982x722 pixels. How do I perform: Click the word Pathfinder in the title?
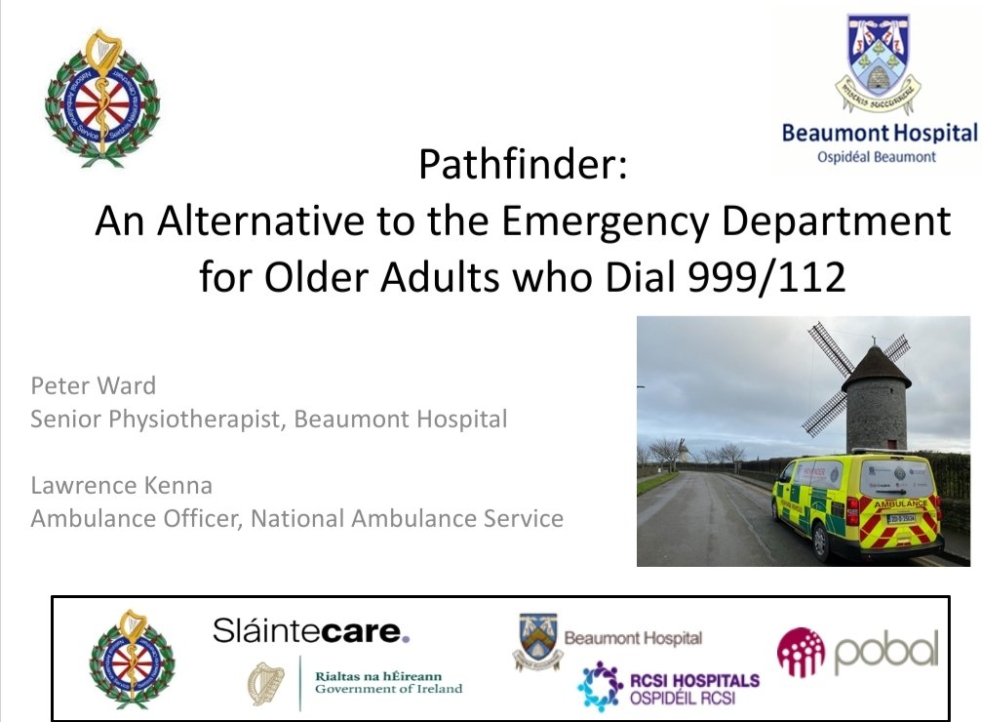[x=517, y=167]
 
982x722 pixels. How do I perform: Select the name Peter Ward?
[x=93, y=385]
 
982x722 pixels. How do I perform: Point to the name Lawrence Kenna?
[x=121, y=485]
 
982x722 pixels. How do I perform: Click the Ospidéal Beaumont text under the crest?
[x=876, y=156]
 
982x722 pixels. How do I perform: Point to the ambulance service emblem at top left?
[x=101, y=98]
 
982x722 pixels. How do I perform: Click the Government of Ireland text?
[x=388, y=688]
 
